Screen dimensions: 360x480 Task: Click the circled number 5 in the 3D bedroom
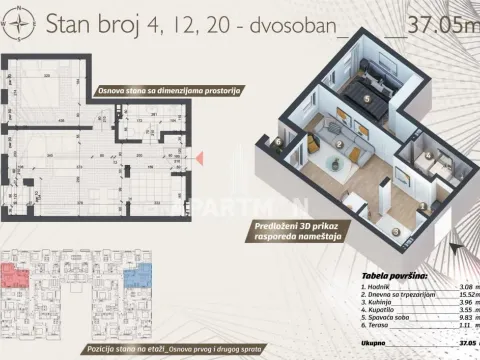coord(366,99)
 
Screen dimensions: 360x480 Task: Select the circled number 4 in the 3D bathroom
coord(427,157)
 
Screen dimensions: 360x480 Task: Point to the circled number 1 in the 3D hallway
coord(423,207)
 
